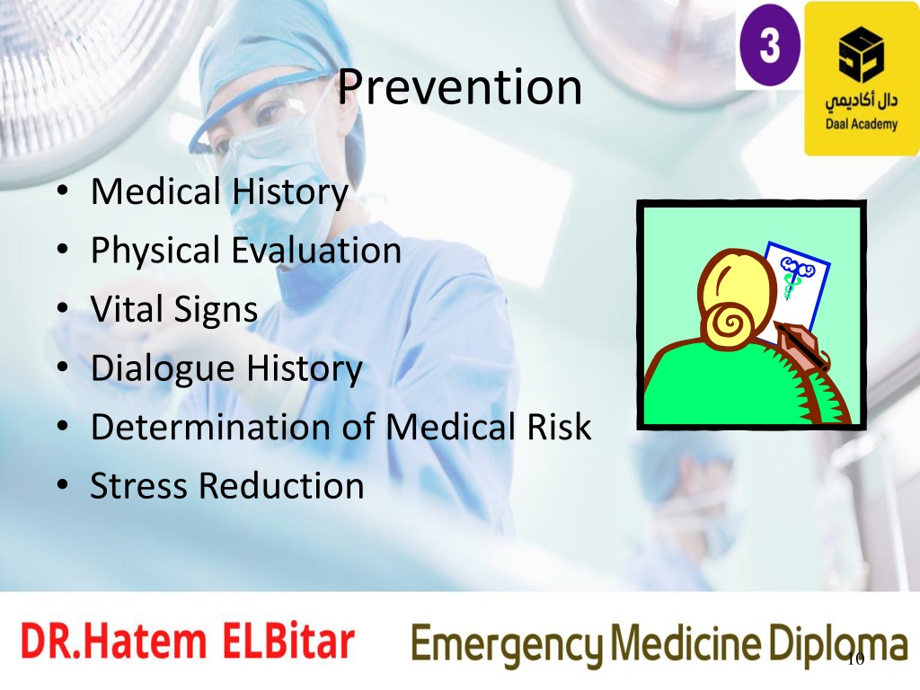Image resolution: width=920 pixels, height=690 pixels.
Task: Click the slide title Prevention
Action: (459, 87)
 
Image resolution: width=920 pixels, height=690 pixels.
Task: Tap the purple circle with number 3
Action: (770, 45)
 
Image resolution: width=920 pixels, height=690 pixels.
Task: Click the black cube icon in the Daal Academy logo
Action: (861, 55)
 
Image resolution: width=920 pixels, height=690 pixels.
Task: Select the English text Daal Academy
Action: (862, 124)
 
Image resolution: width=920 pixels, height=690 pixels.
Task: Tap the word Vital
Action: (127, 309)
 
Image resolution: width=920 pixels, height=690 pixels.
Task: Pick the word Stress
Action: (139, 485)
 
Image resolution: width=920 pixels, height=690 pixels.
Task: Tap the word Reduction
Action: (281, 485)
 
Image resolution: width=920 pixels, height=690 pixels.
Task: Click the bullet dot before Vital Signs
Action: (63, 309)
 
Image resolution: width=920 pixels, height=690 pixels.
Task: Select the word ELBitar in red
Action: (288, 641)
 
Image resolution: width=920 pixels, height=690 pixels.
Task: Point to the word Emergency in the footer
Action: (507, 644)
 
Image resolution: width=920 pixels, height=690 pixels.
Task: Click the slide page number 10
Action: (856, 659)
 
